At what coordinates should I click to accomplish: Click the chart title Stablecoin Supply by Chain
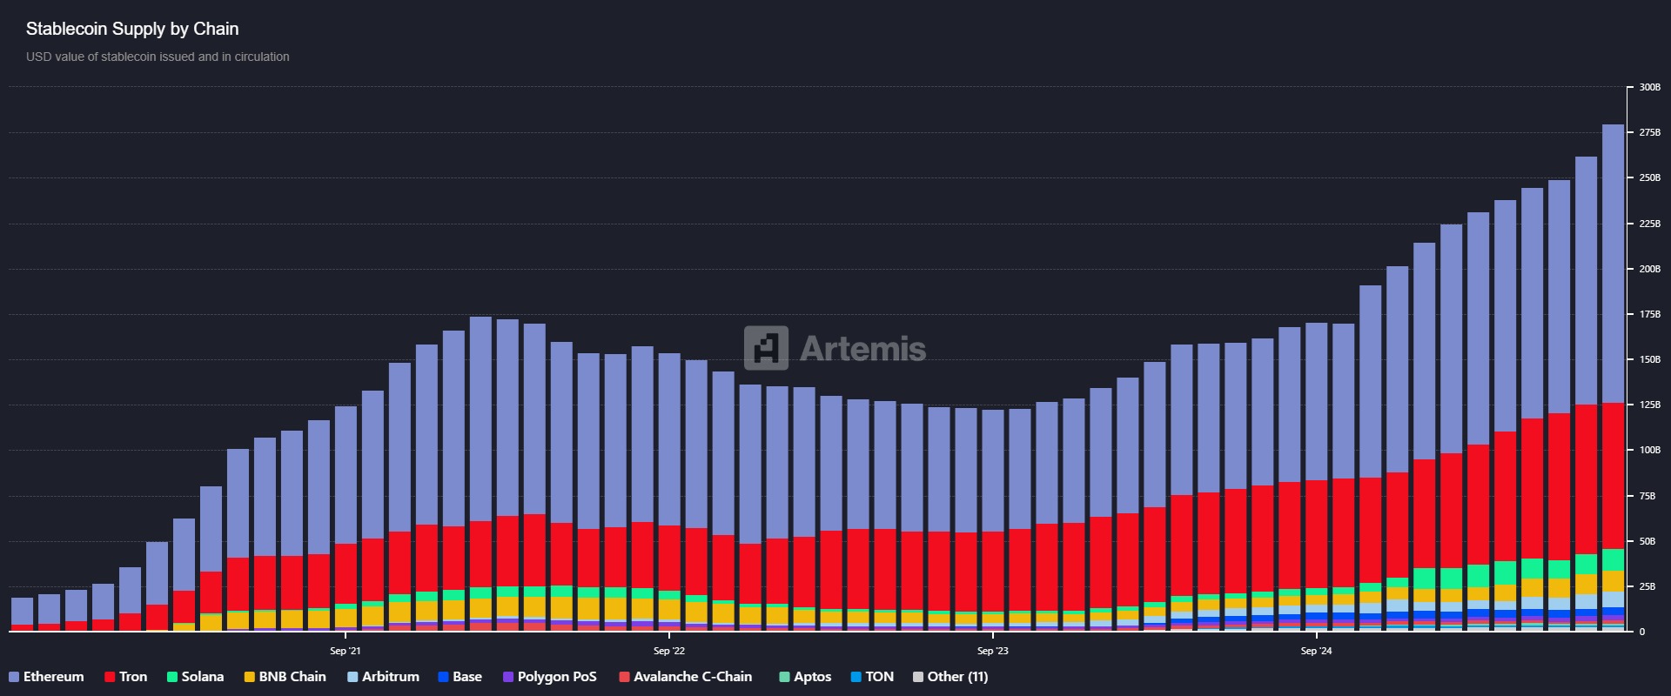coord(132,29)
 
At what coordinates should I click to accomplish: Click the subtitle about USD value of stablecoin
coord(158,57)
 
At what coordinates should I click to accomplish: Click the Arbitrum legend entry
coord(383,677)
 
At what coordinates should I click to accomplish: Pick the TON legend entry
coord(872,677)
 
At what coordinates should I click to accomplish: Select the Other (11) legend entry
coord(950,677)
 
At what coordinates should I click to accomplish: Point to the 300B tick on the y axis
coord(1649,87)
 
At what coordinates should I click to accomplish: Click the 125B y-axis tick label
coord(1649,405)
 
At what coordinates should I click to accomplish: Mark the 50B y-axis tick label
coord(1647,541)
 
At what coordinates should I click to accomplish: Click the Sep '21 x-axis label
coord(346,651)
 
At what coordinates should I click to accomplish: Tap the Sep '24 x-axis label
coord(1316,651)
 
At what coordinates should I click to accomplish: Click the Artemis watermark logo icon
coord(766,348)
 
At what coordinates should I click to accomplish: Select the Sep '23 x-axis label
coord(992,651)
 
